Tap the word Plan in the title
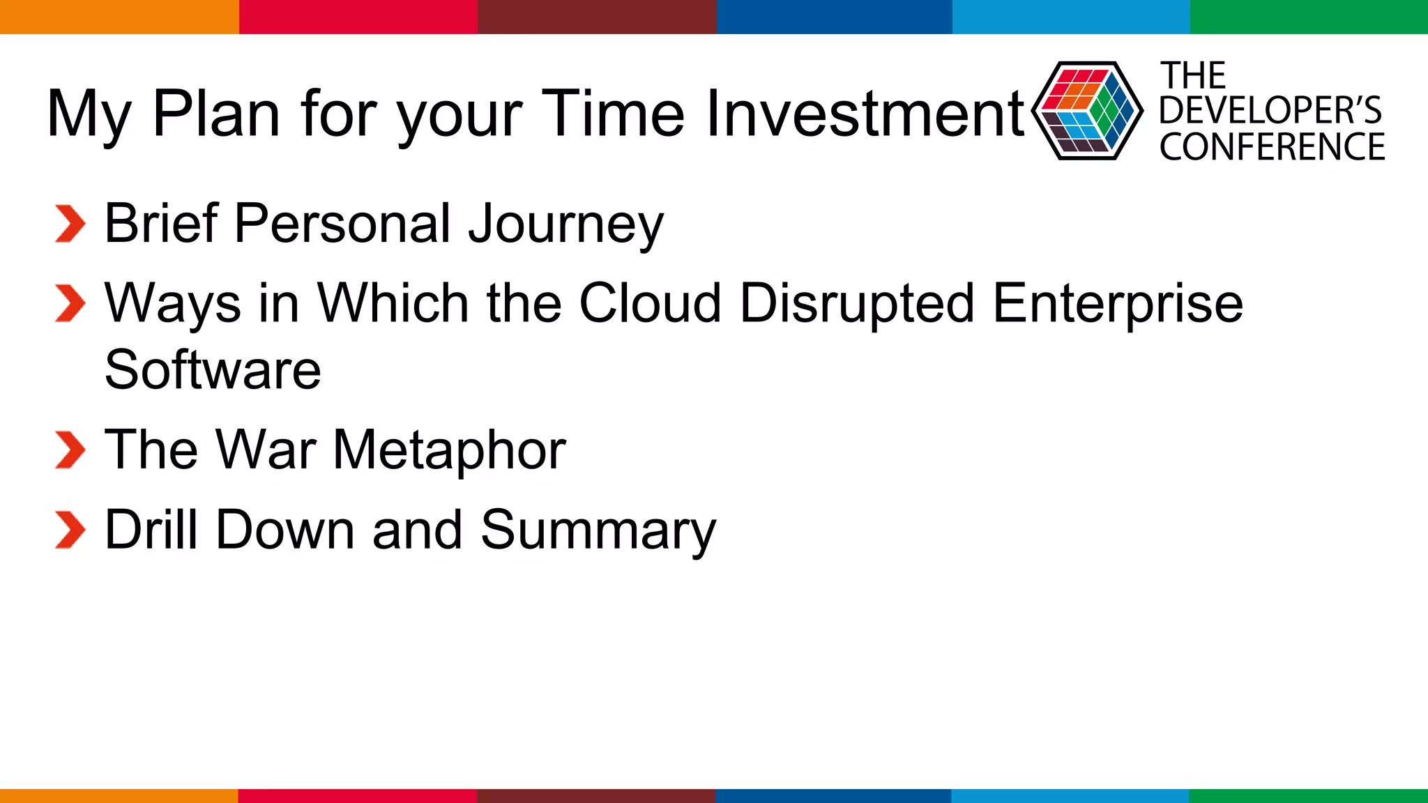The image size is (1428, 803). [216, 113]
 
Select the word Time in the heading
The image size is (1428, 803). [614, 113]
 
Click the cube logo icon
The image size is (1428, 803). [1087, 111]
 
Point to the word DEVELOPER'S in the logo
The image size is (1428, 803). [1270, 110]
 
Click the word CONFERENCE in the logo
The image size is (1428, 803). [1273, 146]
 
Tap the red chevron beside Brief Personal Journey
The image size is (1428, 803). [70, 224]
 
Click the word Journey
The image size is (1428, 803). [566, 224]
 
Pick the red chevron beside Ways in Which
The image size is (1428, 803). [70, 303]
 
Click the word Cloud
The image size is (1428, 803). [651, 303]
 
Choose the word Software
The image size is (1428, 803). [213, 369]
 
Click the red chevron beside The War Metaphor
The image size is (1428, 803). [70, 450]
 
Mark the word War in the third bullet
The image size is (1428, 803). [266, 450]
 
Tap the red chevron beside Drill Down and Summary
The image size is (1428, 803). [70, 530]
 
